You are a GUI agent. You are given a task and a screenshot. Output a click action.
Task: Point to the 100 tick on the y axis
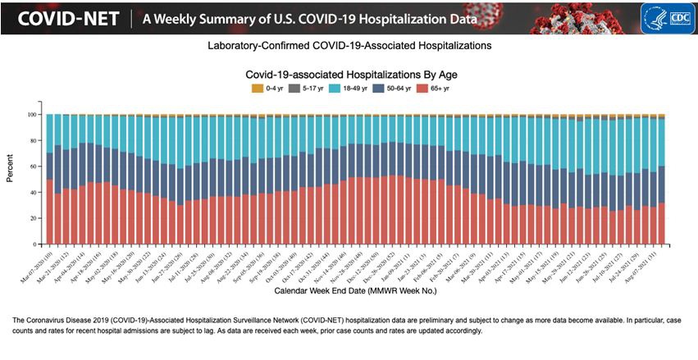coord(33,115)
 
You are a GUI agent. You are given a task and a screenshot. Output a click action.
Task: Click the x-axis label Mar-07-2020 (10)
coord(38,262)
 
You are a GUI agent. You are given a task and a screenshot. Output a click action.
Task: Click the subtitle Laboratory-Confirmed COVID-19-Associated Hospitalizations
coord(349,46)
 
